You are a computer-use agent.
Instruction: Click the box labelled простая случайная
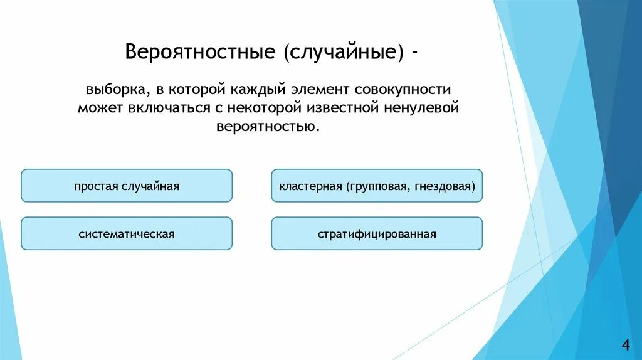pos(127,186)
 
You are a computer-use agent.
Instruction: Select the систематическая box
pos(127,234)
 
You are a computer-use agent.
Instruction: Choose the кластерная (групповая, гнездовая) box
pos(377,186)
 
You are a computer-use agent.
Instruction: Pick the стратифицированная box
pos(377,234)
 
